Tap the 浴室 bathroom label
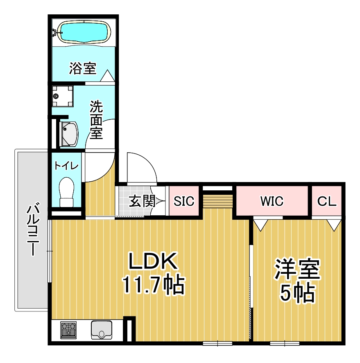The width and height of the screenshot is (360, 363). tap(83, 68)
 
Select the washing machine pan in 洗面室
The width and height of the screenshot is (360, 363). tap(63, 96)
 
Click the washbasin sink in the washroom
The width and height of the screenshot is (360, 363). tap(69, 134)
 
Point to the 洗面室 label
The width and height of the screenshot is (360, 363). tap(96, 119)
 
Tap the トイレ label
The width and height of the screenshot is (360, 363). tap(66, 166)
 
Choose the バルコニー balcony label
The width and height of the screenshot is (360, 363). tap(33, 229)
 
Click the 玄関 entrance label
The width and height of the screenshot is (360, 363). tap(142, 201)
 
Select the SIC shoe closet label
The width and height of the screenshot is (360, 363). tap(184, 201)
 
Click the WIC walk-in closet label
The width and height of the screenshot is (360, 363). tap(272, 201)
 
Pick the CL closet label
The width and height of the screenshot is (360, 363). tap(327, 201)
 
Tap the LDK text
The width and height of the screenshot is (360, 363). tap(153, 261)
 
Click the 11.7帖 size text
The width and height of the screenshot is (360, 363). tap(153, 285)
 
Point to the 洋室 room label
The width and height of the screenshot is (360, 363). tap(297, 269)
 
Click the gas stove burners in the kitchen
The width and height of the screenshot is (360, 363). tap(68, 330)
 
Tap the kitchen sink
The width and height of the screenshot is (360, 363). tap(102, 330)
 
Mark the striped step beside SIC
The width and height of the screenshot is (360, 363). tap(218, 201)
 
